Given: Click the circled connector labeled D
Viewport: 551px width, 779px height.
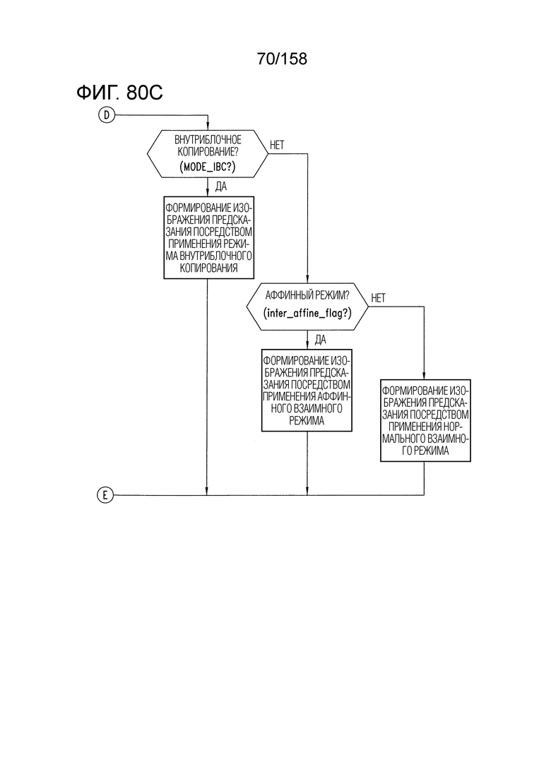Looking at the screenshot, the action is click(x=107, y=115).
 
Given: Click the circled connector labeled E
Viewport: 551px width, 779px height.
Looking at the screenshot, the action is click(x=105, y=495).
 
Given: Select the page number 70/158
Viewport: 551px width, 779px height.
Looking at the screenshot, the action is click(x=282, y=59).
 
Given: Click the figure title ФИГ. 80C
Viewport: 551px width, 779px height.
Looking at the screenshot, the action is click(x=120, y=93).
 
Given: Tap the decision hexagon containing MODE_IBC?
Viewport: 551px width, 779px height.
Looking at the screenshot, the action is click(x=208, y=154).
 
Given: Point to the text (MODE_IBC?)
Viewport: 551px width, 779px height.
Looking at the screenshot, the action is click(x=208, y=167).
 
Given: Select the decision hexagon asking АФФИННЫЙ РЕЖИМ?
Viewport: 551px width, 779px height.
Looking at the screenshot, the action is click(x=307, y=307).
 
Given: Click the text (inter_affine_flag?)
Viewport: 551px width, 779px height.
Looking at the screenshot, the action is click(x=307, y=313).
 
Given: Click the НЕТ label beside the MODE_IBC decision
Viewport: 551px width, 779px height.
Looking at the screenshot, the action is click(x=277, y=145).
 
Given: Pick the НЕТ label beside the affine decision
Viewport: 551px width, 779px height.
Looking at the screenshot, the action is click(x=378, y=298).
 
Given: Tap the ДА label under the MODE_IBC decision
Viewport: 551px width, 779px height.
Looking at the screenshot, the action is click(x=221, y=186).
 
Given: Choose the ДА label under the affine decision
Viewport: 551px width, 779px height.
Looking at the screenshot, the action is click(x=321, y=340).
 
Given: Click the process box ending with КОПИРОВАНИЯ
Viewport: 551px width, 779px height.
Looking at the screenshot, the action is click(x=208, y=237).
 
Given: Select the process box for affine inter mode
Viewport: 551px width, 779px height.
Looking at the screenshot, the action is click(x=307, y=391).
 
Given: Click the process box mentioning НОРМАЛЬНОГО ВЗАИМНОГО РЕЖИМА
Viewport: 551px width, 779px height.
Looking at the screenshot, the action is click(x=425, y=421).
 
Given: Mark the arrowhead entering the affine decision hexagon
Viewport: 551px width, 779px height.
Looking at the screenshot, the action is click(x=307, y=280).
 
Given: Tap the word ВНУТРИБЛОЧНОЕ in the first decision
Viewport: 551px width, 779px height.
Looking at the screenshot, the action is click(x=208, y=140).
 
